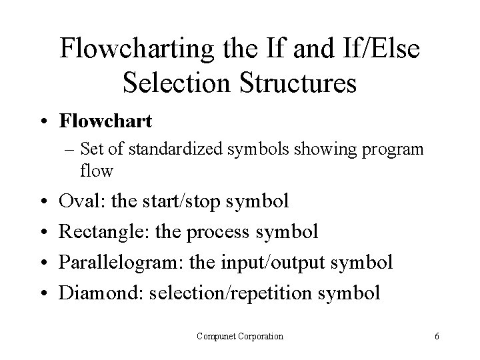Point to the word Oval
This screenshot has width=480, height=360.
[x=77, y=201]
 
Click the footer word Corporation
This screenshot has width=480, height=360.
[x=261, y=336]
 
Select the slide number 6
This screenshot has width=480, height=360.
[x=436, y=337]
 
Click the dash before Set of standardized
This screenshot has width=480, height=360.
[x=82, y=150]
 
